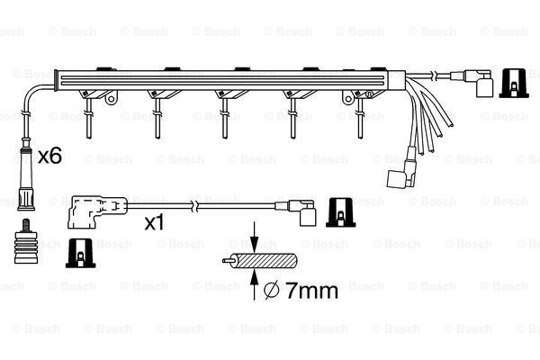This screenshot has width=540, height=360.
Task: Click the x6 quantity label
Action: [x=49, y=156]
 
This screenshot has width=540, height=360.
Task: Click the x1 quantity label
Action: [x=155, y=222]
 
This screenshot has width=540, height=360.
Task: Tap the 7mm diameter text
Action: [x=312, y=291]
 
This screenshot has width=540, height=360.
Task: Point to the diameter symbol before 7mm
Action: [x=273, y=291]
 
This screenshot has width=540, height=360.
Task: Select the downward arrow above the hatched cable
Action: [x=254, y=238]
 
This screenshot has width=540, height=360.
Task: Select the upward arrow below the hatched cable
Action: [x=254, y=284]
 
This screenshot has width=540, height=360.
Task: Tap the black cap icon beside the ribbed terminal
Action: [x=81, y=253]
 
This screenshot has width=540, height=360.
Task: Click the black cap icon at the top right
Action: [x=514, y=83]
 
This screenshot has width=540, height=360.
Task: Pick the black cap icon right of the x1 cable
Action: [x=340, y=212]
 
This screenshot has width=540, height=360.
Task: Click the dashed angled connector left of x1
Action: [x=97, y=212]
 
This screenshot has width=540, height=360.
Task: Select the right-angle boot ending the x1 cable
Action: [x=301, y=212]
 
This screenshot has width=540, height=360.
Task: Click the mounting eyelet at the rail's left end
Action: [x=111, y=99]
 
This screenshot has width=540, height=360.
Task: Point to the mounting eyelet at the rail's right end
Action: [x=348, y=99]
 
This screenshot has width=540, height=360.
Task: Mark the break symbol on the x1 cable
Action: [x=195, y=206]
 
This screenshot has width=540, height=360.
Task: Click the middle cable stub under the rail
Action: [x=225, y=118]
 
